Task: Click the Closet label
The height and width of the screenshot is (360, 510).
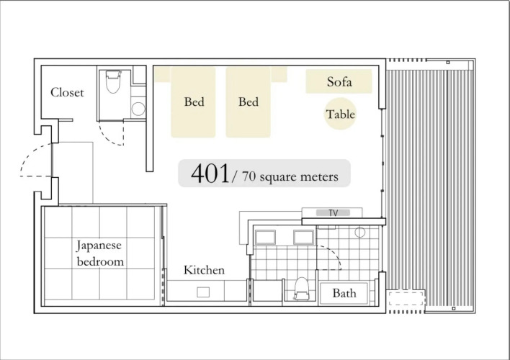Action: pyautogui.click(x=67, y=92)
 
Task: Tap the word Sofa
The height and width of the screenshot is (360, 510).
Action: pyautogui.click(x=339, y=81)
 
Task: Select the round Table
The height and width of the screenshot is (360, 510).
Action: pyautogui.click(x=340, y=114)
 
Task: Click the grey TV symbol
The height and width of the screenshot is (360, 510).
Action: pyautogui.click(x=333, y=212)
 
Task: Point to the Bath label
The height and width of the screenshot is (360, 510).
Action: pyautogui.click(x=344, y=293)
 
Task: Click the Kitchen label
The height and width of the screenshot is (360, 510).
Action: pyautogui.click(x=204, y=270)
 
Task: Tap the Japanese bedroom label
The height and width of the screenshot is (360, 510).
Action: pyautogui.click(x=100, y=253)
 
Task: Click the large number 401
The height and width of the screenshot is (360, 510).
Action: pyautogui.click(x=210, y=174)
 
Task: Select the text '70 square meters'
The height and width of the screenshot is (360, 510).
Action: pyautogui.click(x=290, y=176)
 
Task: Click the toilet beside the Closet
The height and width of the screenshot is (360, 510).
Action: pyautogui.click(x=113, y=81)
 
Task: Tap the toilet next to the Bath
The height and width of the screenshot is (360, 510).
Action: pyautogui.click(x=301, y=289)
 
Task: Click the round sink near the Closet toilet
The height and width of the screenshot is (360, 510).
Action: pyautogui.click(x=138, y=109)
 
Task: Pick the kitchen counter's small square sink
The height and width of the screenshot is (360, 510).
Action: pyautogui.click(x=203, y=292)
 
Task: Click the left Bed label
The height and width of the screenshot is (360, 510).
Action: pyautogui.click(x=194, y=102)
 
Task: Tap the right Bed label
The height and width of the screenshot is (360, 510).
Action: pyautogui.click(x=249, y=102)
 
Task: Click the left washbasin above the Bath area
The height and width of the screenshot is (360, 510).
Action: pyautogui.click(x=265, y=237)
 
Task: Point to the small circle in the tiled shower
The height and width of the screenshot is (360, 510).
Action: pyautogui.click(x=359, y=232)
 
